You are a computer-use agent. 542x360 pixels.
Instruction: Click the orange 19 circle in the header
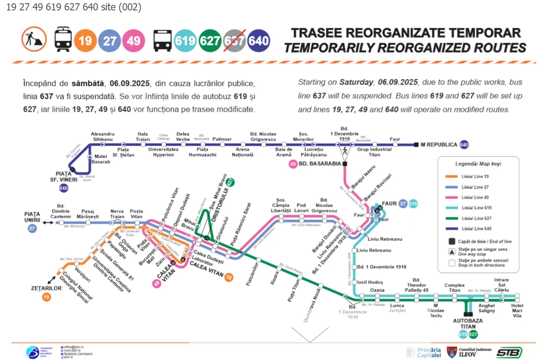[85, 41]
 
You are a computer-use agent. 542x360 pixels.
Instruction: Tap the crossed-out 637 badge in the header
[234, 41]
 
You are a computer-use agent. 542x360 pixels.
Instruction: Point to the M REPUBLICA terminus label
[439, 145]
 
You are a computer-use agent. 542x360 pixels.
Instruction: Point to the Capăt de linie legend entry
[477, 241]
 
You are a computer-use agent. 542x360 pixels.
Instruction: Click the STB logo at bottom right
[509, 352]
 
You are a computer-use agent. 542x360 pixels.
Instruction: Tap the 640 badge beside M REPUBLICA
[464, 145]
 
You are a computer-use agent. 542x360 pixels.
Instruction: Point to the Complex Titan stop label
[455, 288]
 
